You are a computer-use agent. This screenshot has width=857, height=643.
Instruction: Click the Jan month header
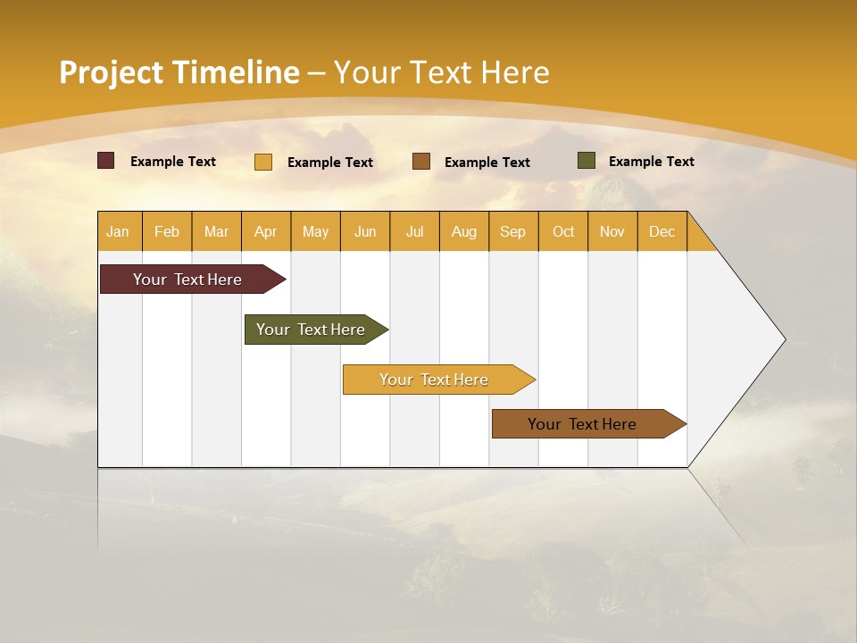(x=118, y=231)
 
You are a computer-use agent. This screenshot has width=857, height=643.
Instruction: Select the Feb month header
(x=167, y=231)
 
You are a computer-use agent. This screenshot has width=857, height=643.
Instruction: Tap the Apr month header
(x=266, y=231)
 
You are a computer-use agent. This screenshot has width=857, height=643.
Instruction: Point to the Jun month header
(x=365, y=231)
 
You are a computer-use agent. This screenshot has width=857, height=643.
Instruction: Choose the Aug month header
(x=464, y=231)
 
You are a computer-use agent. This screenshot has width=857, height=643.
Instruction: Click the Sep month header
(x=512, y=231)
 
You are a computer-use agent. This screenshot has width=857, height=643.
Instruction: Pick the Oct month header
(x=563, y=231)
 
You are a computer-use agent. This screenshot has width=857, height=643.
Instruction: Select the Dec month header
(x=662, y=231)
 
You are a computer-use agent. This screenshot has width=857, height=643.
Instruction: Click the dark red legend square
(x=106, y=161)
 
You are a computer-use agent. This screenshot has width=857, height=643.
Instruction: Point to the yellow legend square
(x=263, y=162)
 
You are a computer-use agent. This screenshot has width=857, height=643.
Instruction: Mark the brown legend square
(x=421, y=162)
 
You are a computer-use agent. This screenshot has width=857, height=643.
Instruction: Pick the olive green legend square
(x=587, y=161)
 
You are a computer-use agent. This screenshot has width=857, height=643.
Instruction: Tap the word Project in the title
(x=112, y=72)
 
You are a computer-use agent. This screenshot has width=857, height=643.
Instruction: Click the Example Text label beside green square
(x=651, y=162)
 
